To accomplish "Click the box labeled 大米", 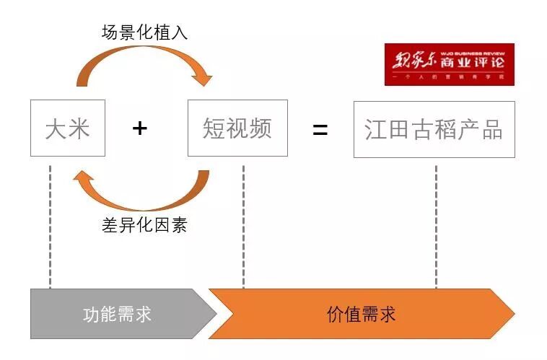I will tap(68, 129).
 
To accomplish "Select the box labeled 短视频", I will tap(237, 128).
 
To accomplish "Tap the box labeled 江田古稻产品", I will tap(434, 129).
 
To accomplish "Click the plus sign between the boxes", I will tap(140, 128).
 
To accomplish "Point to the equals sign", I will tap(320, 129).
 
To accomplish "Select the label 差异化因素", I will tap(144, 225).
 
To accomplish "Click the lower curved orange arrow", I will tap(144, 195).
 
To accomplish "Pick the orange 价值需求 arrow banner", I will tap(361, 315).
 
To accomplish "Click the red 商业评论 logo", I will tap(449, 64).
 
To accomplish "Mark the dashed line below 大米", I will tap(51, 224).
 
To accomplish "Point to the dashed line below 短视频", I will tap(243, 224).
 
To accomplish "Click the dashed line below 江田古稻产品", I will tap(435, 224).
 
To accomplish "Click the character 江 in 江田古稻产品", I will tap(376, 129).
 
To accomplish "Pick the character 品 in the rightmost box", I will tap(491, 129).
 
